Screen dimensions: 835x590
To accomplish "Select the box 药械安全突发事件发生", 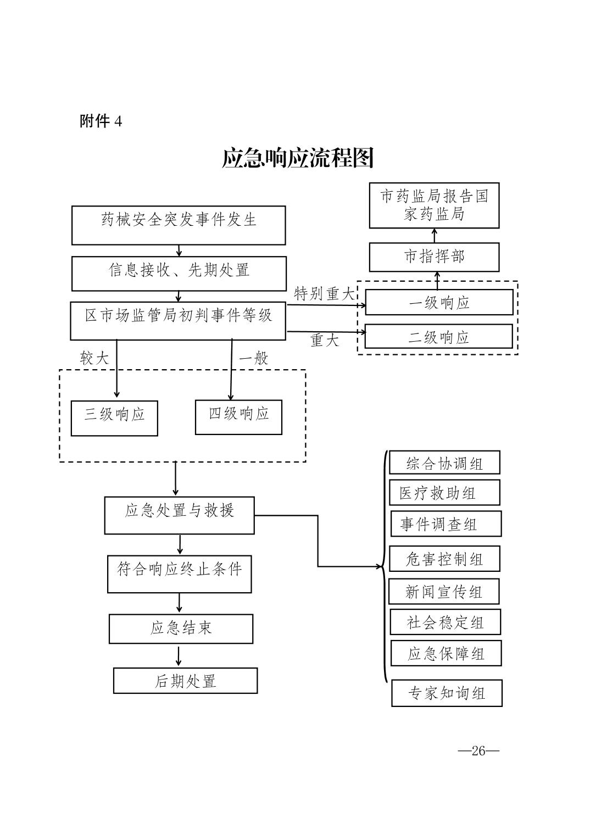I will tap(179, 225).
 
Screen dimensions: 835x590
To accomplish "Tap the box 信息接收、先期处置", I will tap(179, 273).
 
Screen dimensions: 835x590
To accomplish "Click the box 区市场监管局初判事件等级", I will tap(178, 320).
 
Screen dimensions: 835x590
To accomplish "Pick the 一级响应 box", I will tap(439, 302).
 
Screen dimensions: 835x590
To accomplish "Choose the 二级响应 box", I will tap(438, 336).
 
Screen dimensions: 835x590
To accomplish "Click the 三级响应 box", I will tap(114, 418).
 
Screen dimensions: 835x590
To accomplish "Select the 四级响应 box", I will tap(238, 417).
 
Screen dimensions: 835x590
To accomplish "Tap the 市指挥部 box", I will tap(434, 257).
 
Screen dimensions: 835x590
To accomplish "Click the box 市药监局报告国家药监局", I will tap(434, 205).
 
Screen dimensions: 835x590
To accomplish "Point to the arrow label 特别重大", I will tap(325, 294).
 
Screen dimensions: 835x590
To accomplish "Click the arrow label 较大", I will tap(94, 359).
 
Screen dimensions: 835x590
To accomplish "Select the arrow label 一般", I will tap(253, 359).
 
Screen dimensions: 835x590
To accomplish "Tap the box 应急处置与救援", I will tap(179, 515).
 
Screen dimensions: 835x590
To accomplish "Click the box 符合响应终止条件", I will tap(179, 574).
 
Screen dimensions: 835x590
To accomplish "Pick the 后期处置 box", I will tap(185, 681).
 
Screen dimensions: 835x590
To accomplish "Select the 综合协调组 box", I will tap(444, 463).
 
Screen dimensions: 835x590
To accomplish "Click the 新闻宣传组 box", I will tap(444, 592).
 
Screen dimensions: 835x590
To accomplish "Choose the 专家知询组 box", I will tap(447, 693).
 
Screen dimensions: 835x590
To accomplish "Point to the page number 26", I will tap(478, 751).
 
